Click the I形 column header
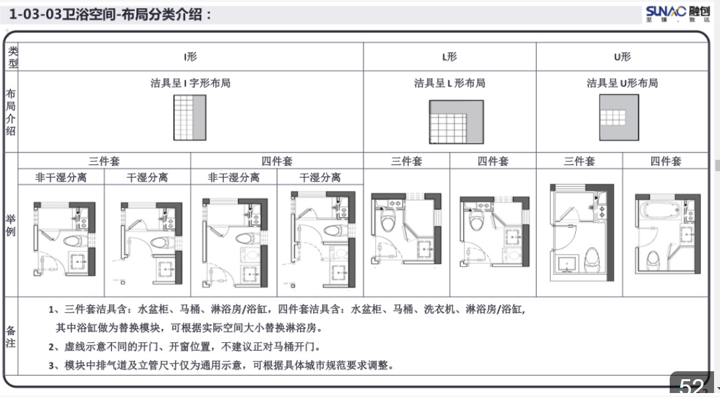coord(191,57)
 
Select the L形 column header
coord(449,57)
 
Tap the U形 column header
coord(622,57)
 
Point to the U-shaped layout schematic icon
coord(619,117)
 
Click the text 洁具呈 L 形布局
coord(449,83)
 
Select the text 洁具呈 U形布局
coord(622,83)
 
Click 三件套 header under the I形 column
coord(104,161)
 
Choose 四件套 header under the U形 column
coord(665,161)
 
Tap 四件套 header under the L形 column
coord(493,161)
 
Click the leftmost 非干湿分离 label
coord(61,177)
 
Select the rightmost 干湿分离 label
coord(320,177)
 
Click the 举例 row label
coord(11,225)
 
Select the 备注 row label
coord(11,336)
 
